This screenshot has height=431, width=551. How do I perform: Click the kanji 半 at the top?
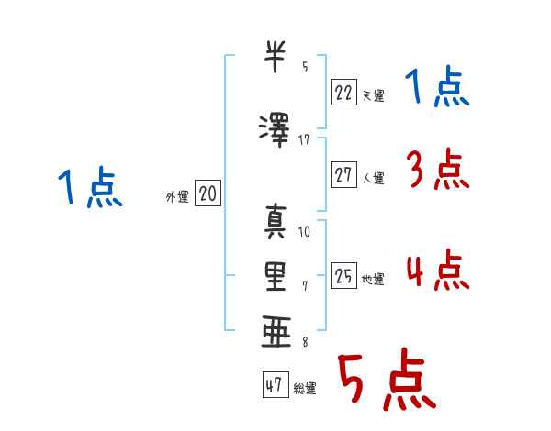coord(275,56)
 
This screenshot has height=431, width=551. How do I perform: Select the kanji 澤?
coord(275,130)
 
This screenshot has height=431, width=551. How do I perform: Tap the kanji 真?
coord(275,222)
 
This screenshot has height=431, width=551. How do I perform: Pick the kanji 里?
coord(275,277)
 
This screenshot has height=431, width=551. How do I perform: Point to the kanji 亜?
coord(276,331)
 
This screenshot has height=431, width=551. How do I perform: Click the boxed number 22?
coord(343,93)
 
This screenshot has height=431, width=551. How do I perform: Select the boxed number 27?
coord(343,174)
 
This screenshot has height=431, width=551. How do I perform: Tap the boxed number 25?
coord(343,275)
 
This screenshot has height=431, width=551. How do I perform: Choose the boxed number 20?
coord(208,193)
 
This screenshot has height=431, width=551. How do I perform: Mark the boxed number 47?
coord(275,384)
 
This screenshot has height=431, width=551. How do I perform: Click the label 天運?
coord(374,95)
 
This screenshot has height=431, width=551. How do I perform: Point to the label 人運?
coord(374,178)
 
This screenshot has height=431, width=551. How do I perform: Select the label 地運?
coord(373,279)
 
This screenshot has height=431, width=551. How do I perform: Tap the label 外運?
coord(177,197)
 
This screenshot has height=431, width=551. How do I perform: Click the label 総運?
coord(305,388)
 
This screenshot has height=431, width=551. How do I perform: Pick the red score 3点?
coord(438,169)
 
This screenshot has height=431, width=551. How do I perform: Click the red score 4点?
coord(438,270)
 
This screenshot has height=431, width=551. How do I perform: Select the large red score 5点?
coord(388,379)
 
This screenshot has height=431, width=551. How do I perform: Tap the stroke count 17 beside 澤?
coord(304,140)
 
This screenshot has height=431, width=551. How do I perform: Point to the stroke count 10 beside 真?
coord(304,231)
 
